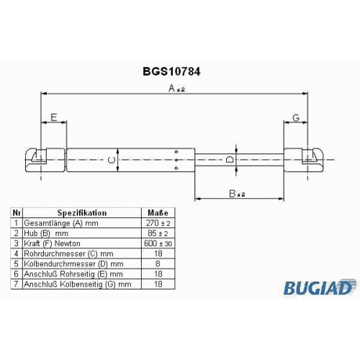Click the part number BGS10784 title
tap(171, 71)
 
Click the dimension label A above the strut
tap(176, 89)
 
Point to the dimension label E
tap(54, 117)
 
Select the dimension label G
tap(296, 117)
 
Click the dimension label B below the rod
tap(237, 194)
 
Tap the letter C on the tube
tap(112, 160)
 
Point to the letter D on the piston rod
tap(230, 159)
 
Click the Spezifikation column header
tap(82, 213)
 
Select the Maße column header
tap(158, 213)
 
